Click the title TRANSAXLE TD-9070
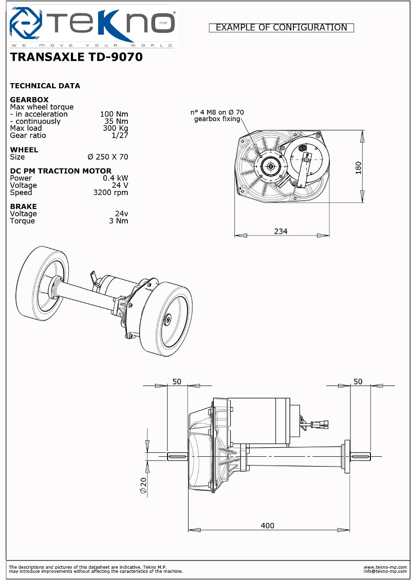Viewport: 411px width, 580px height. pos(76,57)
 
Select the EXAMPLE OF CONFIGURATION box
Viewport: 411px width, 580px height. pos(281,28)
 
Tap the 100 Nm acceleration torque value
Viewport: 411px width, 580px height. pos(114,114)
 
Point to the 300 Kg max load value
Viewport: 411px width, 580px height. pos(115,128)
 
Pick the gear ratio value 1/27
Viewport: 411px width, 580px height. pos(120,136)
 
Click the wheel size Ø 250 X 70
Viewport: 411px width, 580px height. pos(108,157)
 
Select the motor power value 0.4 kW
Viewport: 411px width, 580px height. pos(116,178)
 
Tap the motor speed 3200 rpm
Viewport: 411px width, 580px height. pos(110,192)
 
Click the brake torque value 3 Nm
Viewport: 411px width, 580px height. pos(119,221)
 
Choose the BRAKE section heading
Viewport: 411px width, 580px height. pos(24,206)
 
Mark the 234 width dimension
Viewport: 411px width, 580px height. pos(281,231)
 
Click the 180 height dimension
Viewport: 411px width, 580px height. pos(358,167)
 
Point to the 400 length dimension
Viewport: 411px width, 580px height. pos(267,526)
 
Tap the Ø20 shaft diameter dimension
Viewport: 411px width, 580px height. pos(143,485)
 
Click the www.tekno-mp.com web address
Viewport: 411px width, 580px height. pos(385,567)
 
